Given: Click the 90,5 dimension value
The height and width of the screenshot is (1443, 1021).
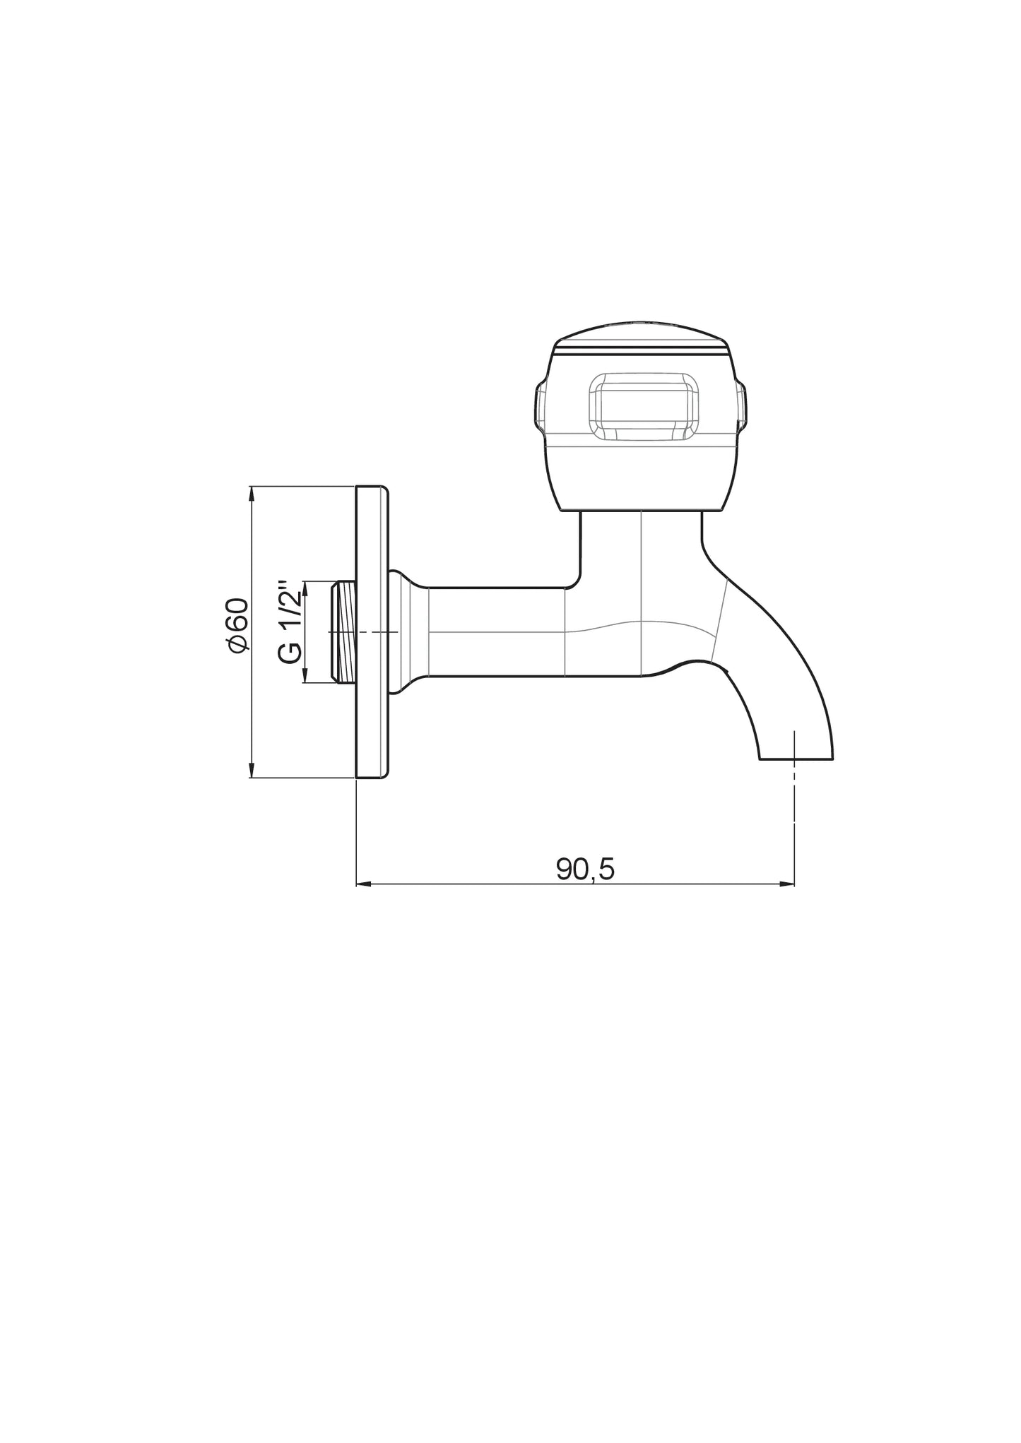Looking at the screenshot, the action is click(585, 869).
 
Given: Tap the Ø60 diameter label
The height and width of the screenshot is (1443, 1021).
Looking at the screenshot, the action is click(237, 624).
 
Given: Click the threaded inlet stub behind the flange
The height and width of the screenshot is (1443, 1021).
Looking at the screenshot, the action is click(343, 632).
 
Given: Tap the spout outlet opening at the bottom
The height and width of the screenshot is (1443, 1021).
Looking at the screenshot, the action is click(796, 759).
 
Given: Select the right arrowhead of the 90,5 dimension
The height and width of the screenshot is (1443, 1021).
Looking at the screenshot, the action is click(787, 884).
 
